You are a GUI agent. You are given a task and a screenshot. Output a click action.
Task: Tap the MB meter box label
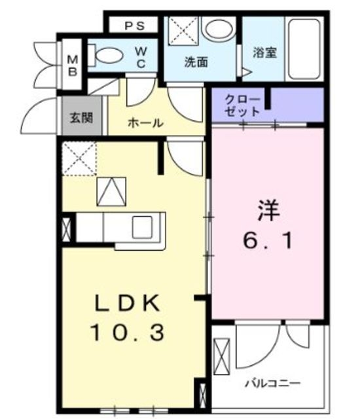[x=72, y=64]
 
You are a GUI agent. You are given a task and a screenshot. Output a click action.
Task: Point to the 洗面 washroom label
[x=196, y=63]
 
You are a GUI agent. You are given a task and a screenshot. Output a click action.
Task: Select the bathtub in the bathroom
[x=305, y=47]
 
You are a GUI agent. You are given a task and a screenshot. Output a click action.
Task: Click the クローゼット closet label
[x=244, y=105]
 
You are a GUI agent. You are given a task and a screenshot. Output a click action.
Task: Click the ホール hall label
[x=145, y=122]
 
